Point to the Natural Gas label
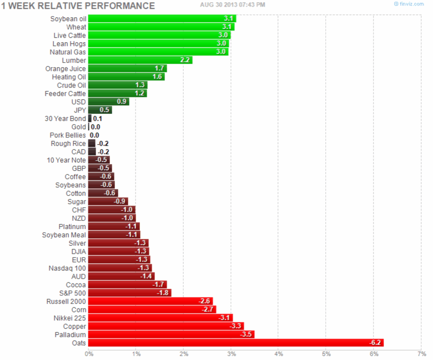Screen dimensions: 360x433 point(69,52)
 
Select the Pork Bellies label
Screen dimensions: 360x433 point(68,135)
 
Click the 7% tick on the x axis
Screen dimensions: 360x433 point(421,353)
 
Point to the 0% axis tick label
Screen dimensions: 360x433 point(89,353)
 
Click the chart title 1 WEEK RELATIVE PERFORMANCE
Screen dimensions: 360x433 point(78,6)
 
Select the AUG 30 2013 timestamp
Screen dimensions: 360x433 point(233,4)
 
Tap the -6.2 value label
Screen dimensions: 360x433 point(375,343)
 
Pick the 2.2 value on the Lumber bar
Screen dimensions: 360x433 point(185,60)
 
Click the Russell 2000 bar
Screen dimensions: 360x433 point(150,301)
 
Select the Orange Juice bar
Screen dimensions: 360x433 point(128,68)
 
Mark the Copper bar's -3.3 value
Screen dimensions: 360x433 point(235,326)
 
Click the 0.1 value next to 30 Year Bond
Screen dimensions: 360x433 point(97,118)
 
